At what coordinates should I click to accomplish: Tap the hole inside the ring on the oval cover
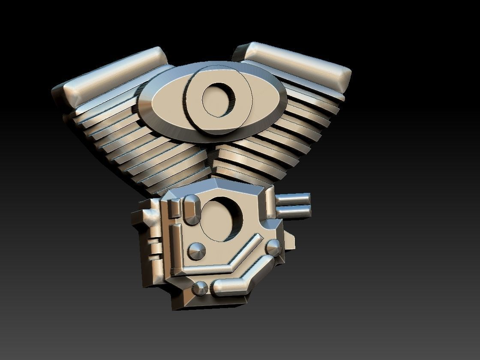pos(219,99)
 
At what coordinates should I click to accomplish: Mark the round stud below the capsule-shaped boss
pos(197,250)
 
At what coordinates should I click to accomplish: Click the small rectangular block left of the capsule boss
pos(174,208)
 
